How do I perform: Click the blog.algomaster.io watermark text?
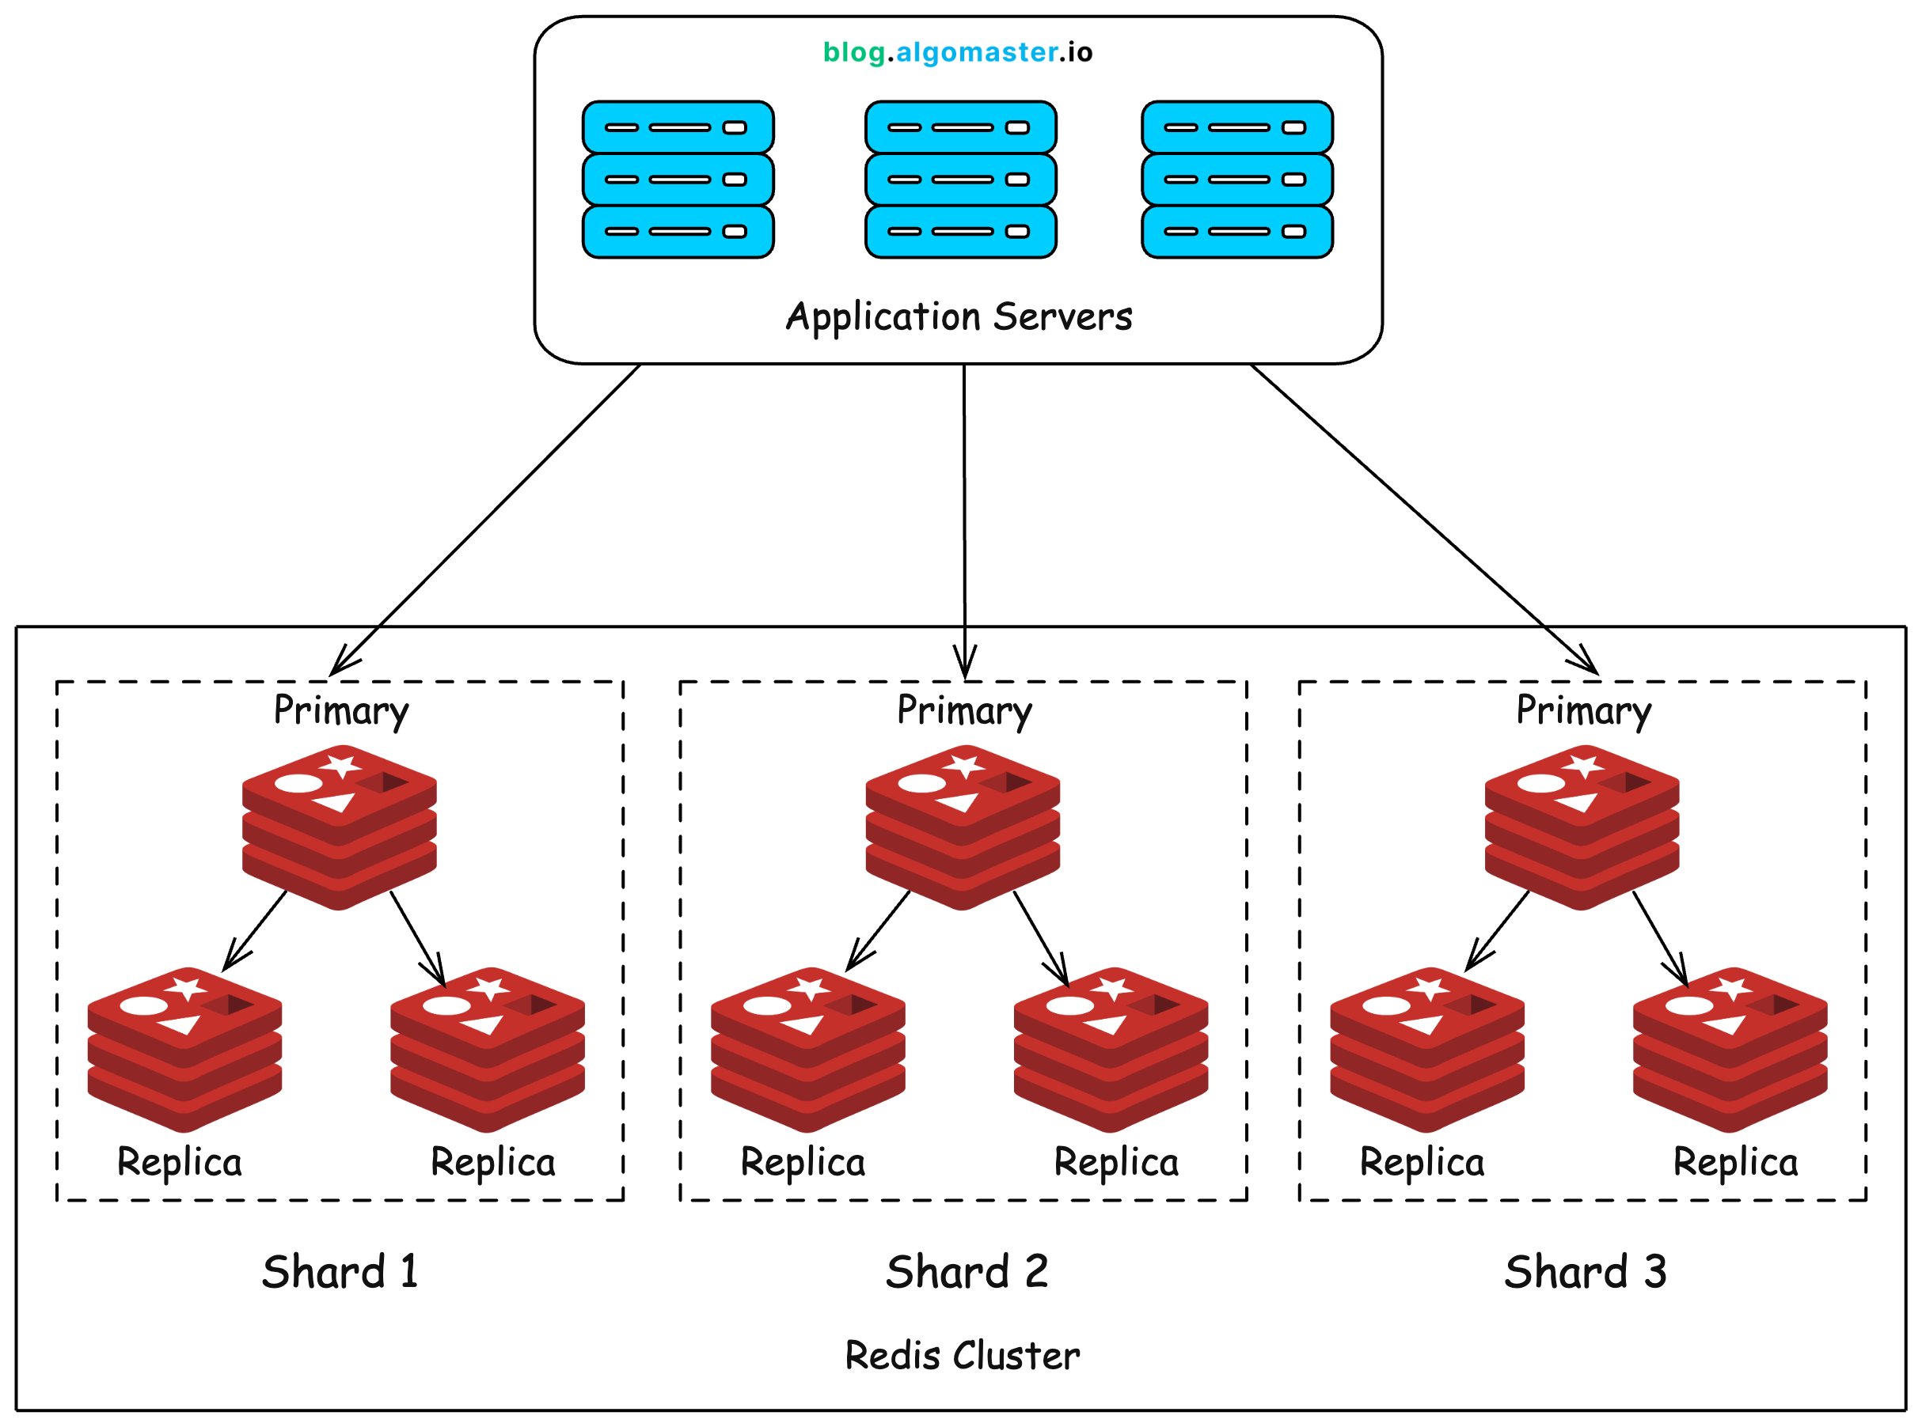[957, 53]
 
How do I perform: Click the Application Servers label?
[959, 317]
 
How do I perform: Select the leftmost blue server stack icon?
[678, 180]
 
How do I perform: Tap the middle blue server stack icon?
[960, 180]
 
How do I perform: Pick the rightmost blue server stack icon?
[1236, 180]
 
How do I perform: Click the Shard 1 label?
[340, 1271]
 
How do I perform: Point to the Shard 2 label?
[967, 1271]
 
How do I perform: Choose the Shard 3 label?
[1584, 1271]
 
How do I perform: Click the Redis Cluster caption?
[962, 1355]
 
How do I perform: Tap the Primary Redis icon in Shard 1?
[339, 827]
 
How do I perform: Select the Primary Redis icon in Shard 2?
[962, 827]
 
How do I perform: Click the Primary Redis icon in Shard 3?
[1581, 827]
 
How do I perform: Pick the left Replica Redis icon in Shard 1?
[184, 1050]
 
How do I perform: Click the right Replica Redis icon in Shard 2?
[1111, 1050]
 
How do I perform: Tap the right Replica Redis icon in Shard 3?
[1730, 1050]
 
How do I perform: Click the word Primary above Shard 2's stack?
[963, 711]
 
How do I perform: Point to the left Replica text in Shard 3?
[1422, 1163]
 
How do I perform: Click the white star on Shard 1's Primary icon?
[340, 766]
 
